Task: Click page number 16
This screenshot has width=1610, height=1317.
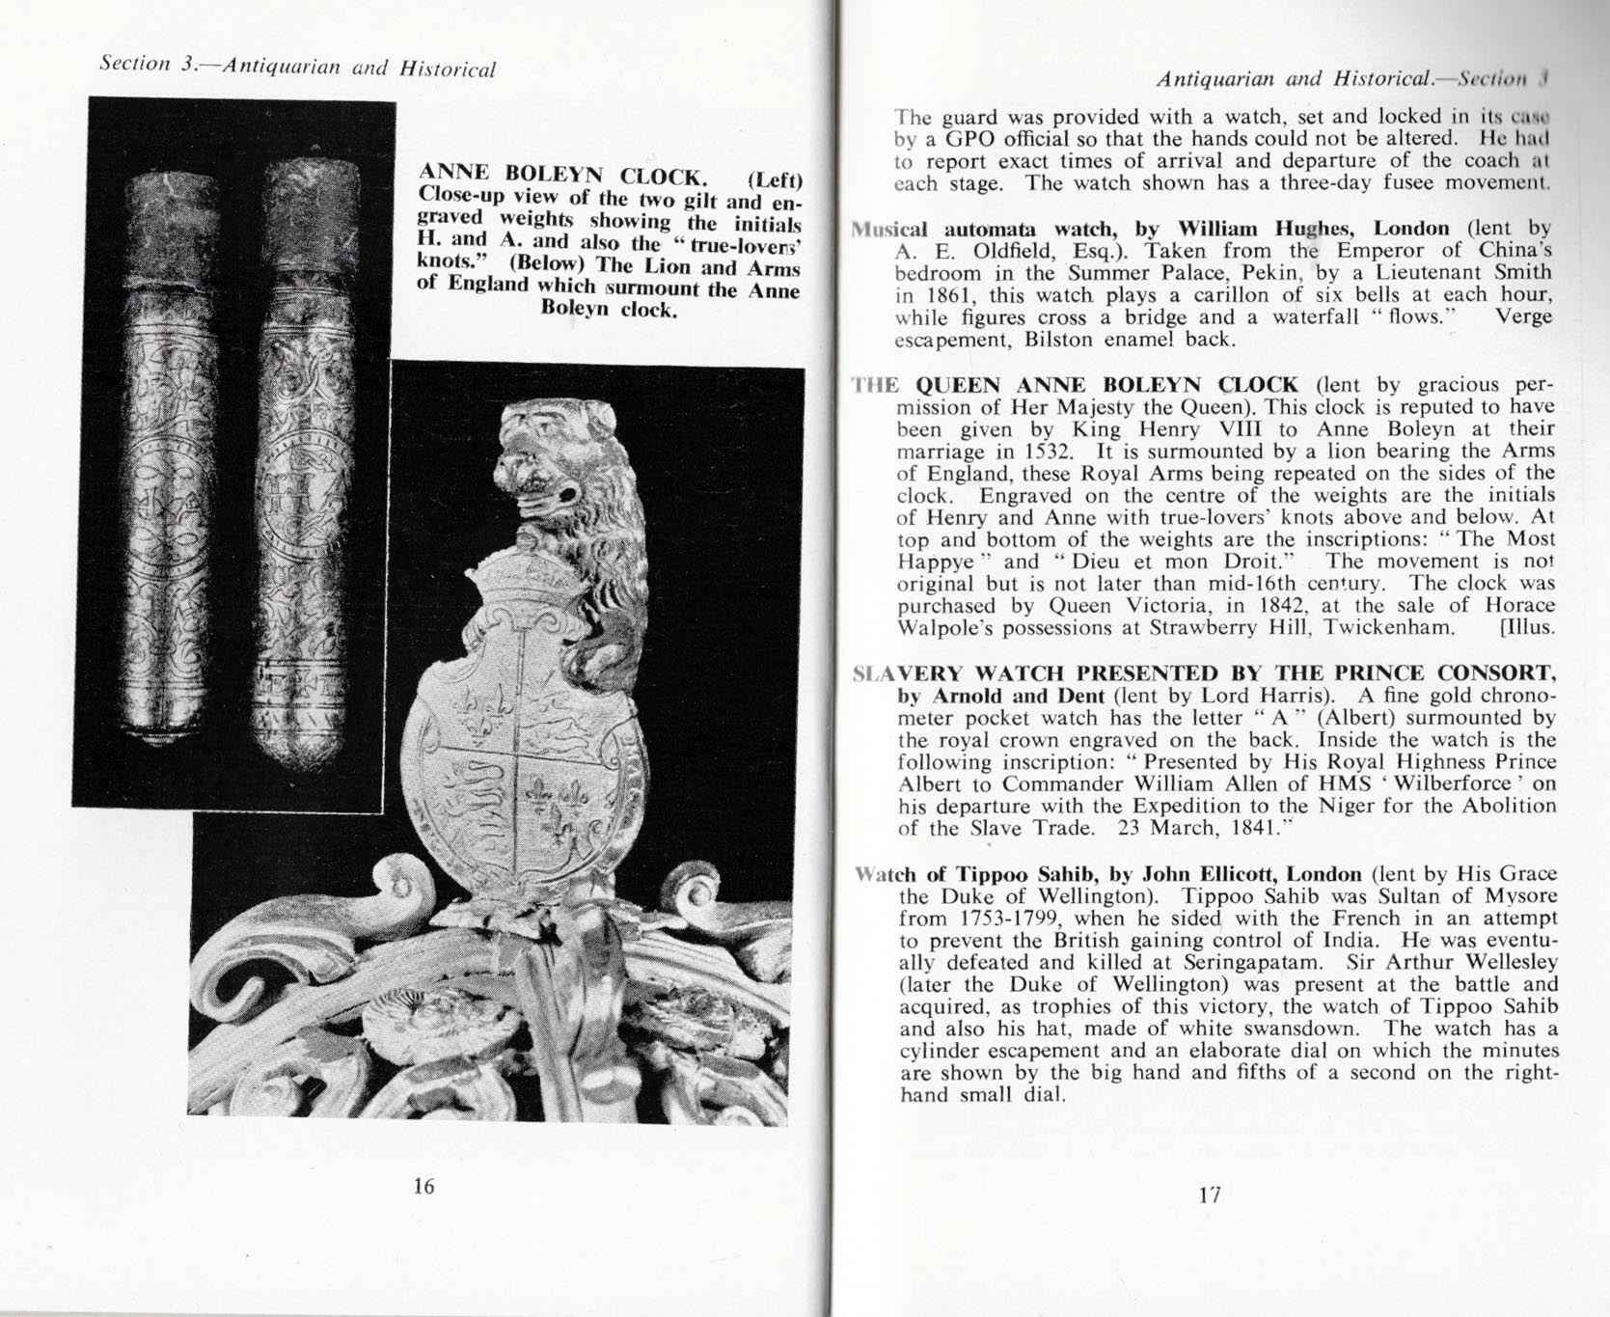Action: pyautogui.click(x=423, y=1186)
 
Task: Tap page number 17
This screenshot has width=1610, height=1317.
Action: pyautogui.click(x=1210, y=1194)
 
